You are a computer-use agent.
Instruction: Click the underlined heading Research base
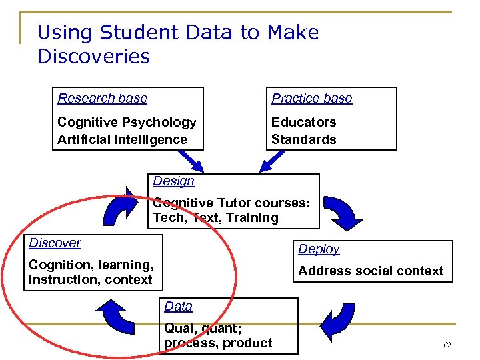tap(102, 99)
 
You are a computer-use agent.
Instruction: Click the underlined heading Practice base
tap(311, 99)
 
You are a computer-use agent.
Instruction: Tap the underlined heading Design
tap(173, 181)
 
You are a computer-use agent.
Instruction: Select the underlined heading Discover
tap(55, 243)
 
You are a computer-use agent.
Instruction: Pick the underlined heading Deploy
tap(319, 249)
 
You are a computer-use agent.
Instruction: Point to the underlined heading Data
tap(178, 306)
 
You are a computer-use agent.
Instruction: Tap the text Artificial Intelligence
tap(122, 139)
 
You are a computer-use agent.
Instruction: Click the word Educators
tap(303, 122)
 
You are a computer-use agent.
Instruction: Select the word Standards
tap(303, 139)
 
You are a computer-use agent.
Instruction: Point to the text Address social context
tap(370, 271)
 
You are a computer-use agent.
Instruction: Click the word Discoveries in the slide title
tap(93, 57)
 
